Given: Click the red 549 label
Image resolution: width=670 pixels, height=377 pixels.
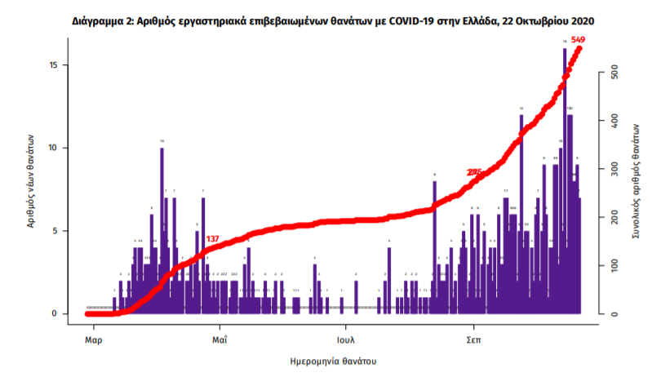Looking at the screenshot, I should [x=578, y=39].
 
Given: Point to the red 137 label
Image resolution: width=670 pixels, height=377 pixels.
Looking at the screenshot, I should [x=212, y=239].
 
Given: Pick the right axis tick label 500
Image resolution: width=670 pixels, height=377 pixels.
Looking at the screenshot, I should [x=606, y=73].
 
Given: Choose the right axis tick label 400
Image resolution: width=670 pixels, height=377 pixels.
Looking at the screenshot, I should [x=606, y=122].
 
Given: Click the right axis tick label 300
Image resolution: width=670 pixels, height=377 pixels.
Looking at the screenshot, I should [x=606, y=170].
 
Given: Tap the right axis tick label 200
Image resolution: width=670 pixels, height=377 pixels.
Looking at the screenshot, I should [x=606, y=218].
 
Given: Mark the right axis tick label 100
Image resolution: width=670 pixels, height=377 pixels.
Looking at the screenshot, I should [x=606, y=266].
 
